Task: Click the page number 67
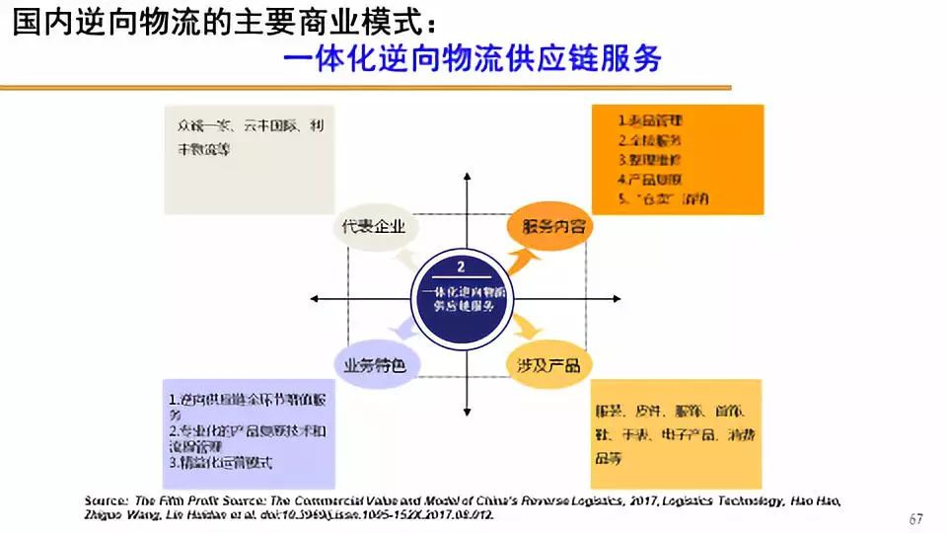(x=915, y=519)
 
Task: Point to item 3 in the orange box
(x=649, y=159)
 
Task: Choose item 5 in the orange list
(x=662, y=199)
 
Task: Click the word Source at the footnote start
(x=107, y=500)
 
